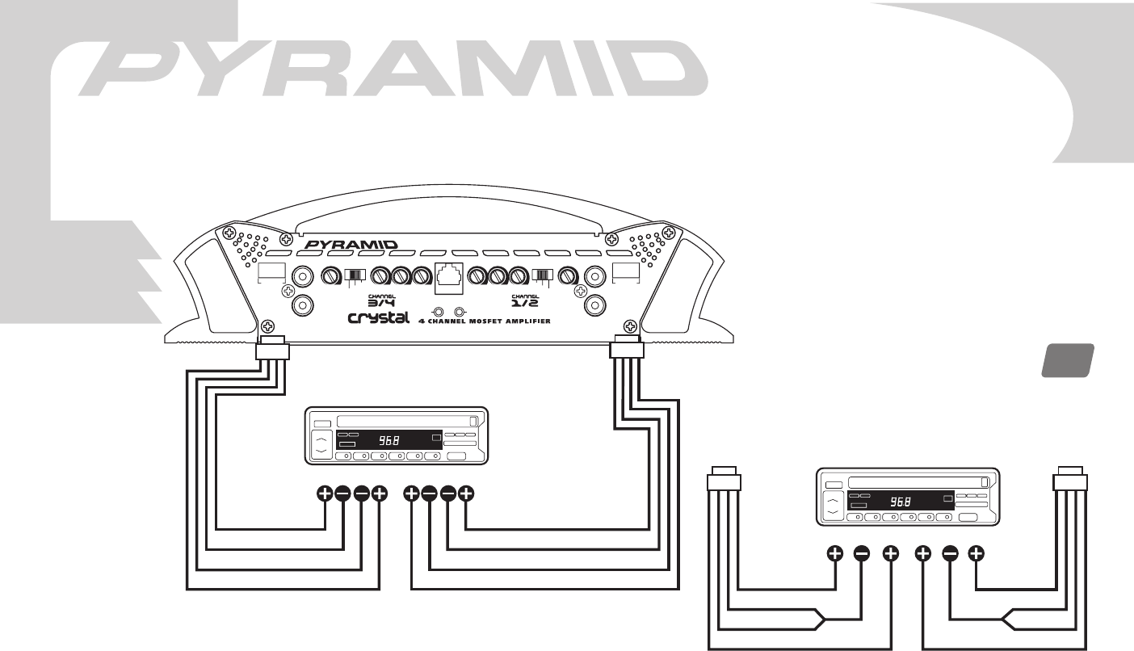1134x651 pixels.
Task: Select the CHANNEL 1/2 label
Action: coord(527,300)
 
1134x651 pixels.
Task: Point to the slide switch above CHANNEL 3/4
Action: coord(354,275)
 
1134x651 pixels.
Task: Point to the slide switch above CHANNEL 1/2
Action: coord(541,275)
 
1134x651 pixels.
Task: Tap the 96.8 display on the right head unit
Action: coord(901,502)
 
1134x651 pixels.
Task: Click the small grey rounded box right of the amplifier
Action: coord(1065,360)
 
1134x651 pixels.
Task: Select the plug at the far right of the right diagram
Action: coord(1070,481)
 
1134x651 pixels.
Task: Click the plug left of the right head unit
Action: coord(723,481)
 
